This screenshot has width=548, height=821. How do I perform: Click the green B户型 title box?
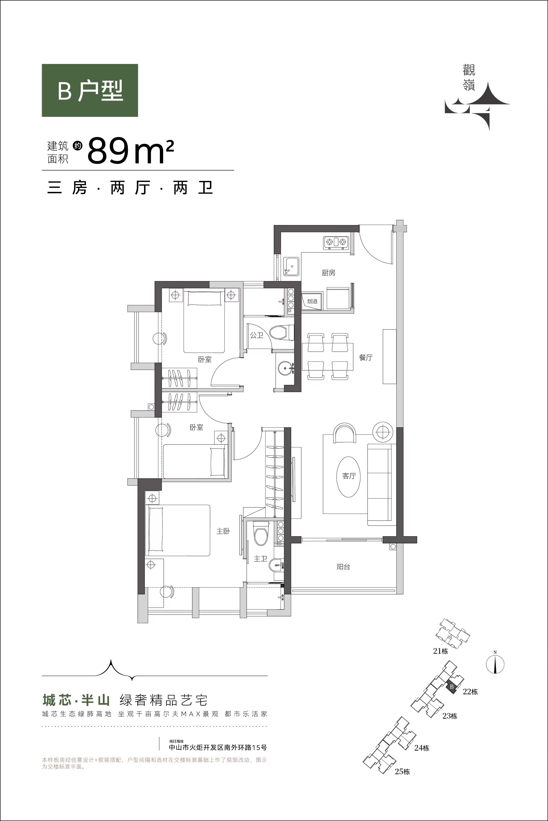(90, 90)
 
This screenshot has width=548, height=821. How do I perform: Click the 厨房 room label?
(329, 273)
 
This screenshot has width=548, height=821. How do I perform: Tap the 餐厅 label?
(366, 358)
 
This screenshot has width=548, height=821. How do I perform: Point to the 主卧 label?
(223, 531)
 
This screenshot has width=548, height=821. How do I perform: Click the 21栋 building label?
(440, 651)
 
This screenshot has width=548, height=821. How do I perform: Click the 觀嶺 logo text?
(469, 79)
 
